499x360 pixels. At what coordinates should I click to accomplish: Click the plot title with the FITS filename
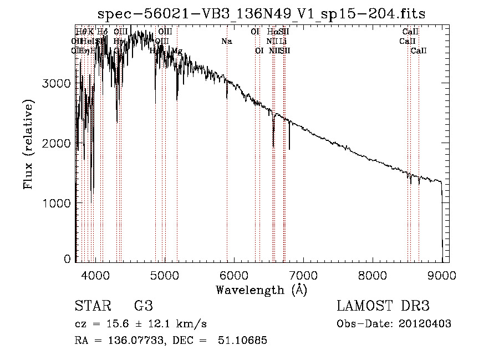point(262,14)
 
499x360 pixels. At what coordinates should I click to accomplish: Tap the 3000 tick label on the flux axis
point(57,84)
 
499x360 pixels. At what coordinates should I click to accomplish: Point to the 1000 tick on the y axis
point(57,204)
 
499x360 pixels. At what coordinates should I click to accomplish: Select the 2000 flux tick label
point(57,144)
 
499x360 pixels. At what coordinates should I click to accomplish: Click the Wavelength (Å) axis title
point(261,290)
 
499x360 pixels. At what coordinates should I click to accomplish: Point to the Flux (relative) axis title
point(28,144)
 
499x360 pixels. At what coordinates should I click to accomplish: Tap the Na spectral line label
point(226,42)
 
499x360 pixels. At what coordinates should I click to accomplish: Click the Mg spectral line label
point(176,51)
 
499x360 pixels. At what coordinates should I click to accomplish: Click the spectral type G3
point(144,306)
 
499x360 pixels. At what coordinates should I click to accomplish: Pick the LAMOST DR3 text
point(383,306)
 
